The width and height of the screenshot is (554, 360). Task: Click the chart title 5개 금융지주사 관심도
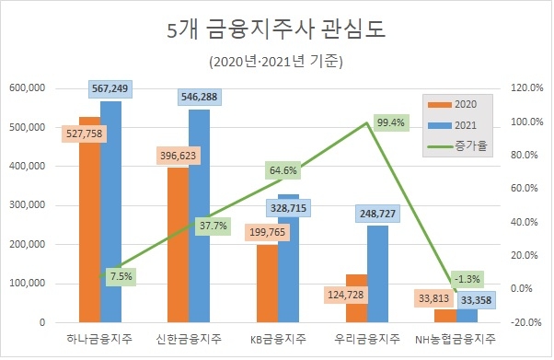click(x=276, y=30)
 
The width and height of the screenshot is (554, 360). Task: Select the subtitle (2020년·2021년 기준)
click(x=276, y=62)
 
